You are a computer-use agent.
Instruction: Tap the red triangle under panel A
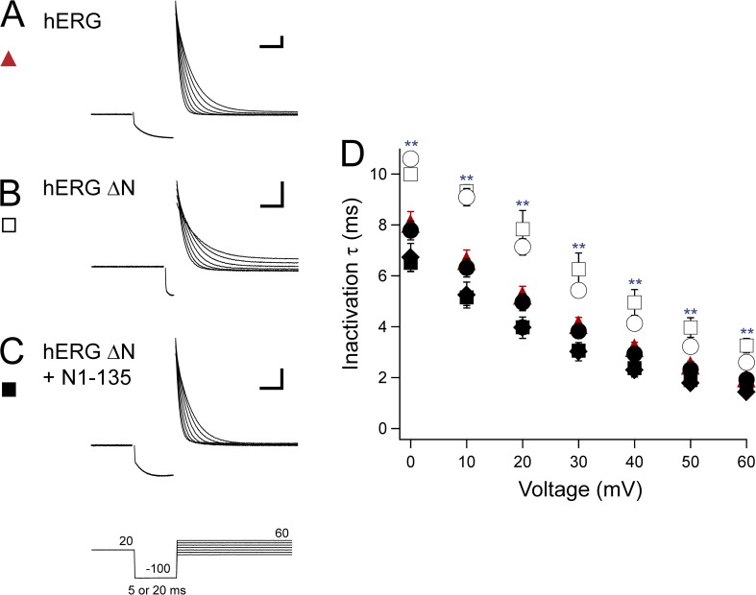tap(10, 59)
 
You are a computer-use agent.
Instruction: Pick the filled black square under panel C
tap(10, 390)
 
